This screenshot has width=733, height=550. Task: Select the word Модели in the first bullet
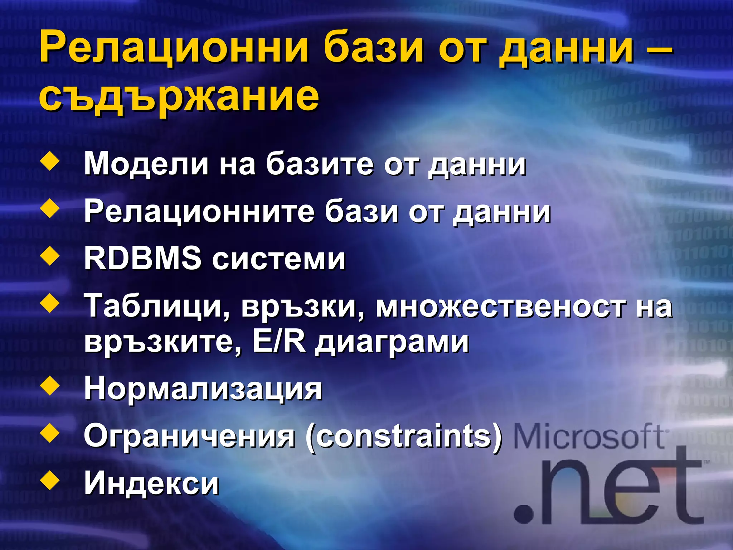[146, 164]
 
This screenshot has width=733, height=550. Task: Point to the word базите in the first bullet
[320, 164]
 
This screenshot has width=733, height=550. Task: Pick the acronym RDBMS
[142, 258]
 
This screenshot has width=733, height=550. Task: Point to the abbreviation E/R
[279, 342]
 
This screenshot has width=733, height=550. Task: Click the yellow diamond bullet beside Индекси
[50, 481]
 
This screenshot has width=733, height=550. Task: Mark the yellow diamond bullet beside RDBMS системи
[50, 256]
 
